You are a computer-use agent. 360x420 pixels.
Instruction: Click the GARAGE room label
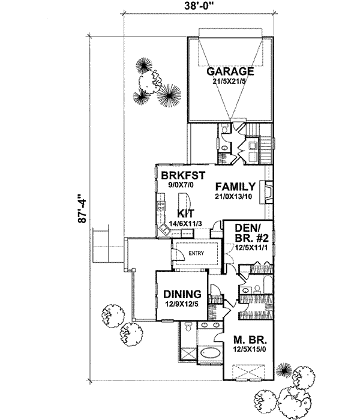(230, 71)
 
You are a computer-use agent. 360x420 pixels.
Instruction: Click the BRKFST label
(184, 175)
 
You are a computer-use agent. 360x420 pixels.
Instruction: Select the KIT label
(184, 213)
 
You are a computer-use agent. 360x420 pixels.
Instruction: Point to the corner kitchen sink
(163, 229)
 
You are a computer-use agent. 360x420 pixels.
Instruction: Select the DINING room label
(182, 295)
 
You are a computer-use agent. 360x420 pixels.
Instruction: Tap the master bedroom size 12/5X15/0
(249, 351)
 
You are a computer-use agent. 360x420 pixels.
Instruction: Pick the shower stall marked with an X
(187, 353)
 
